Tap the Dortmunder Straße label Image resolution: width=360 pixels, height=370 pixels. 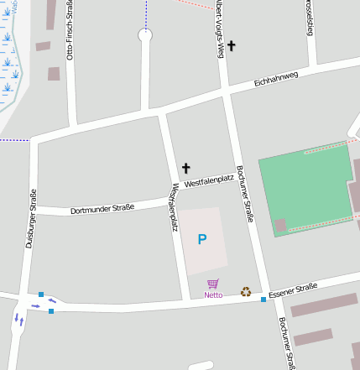(102, 208)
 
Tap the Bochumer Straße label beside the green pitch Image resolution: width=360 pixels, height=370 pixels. (244, 193)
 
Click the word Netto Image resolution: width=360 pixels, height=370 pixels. (213, 295)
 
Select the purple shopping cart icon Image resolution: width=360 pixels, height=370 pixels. (213, 284)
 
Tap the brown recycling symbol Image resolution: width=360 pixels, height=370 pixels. (246, 292)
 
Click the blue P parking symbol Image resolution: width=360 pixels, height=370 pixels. (201, 240)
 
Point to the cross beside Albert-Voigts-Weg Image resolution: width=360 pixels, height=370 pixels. (232, 45)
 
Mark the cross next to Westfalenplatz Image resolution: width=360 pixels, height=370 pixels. (185, 168)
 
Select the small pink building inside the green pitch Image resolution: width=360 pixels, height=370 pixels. (281, 225)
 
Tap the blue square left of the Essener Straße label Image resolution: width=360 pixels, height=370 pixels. (263, 300)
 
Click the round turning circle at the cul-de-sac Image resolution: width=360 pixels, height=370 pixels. (145, 35)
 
